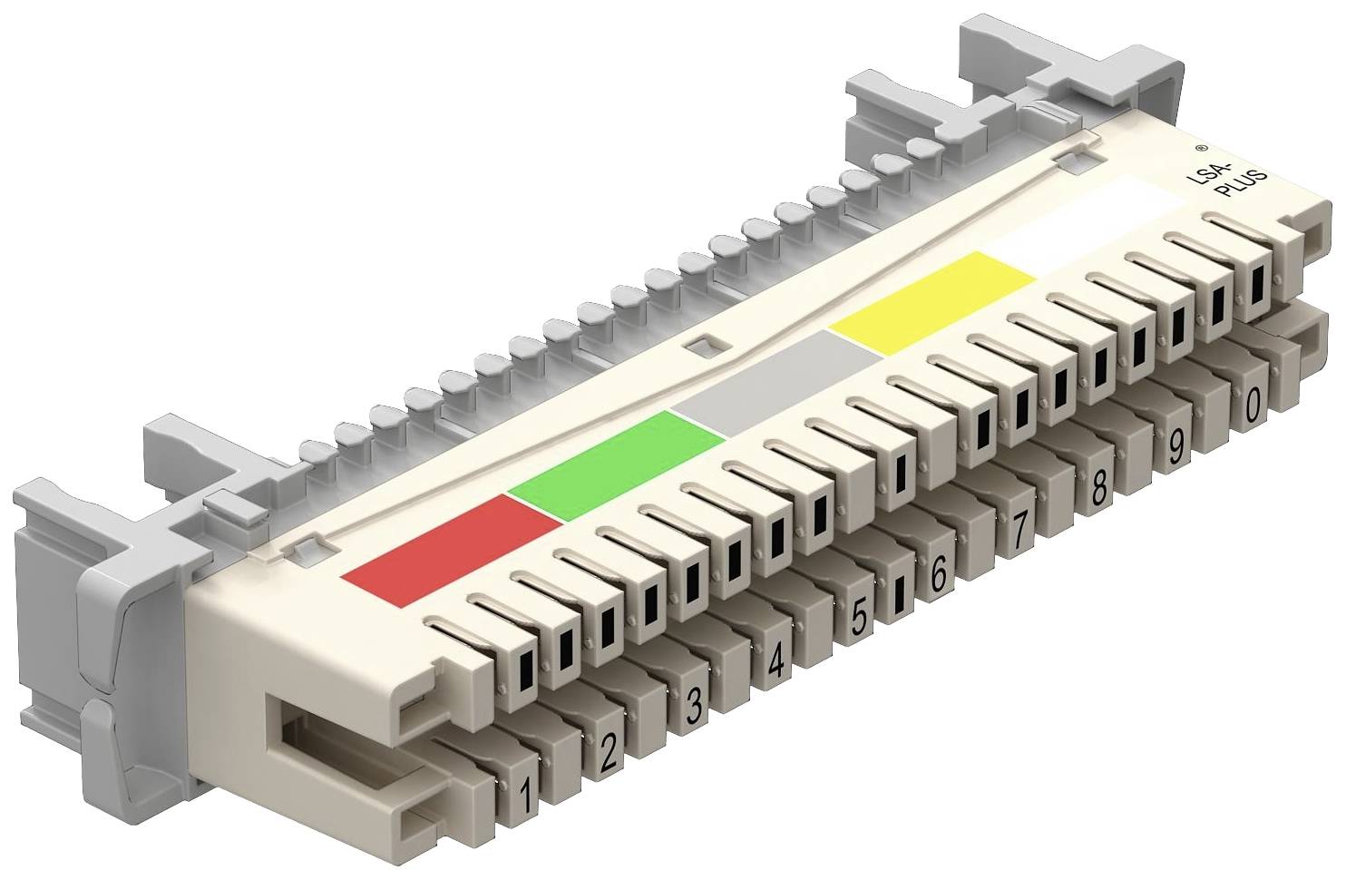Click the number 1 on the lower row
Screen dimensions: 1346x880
526,796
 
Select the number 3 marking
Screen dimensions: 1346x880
694,705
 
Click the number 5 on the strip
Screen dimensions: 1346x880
860,616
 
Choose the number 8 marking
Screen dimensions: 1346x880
1098,488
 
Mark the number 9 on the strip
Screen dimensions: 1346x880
1175,446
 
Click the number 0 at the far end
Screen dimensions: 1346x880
1253,406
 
